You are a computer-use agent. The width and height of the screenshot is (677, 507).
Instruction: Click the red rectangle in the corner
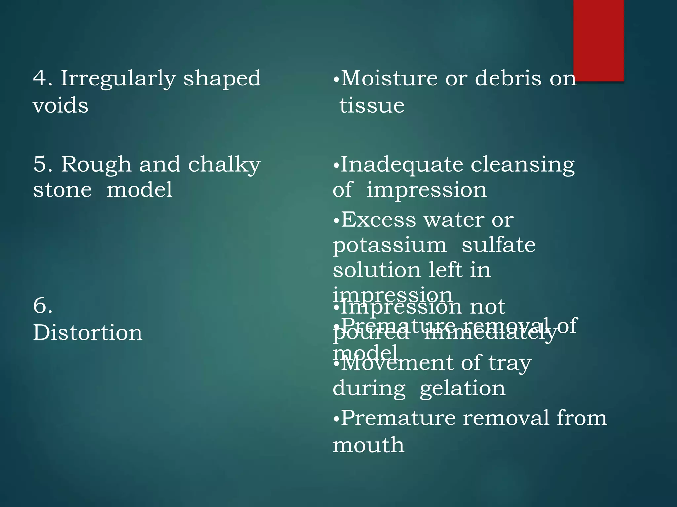598,40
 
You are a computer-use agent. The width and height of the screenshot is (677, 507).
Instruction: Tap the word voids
60,106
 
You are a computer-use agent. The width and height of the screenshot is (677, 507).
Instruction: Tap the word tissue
372,106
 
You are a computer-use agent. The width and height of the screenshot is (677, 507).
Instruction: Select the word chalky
224,165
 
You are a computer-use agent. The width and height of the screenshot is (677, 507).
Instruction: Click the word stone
62,190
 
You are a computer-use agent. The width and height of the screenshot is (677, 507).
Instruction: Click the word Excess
378,220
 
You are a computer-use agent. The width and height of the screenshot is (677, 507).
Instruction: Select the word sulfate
498,245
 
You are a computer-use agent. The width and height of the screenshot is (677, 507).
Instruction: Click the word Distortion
88,332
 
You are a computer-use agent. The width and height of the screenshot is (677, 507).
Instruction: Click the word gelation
462,389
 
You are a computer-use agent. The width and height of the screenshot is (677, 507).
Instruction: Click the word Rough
96,164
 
